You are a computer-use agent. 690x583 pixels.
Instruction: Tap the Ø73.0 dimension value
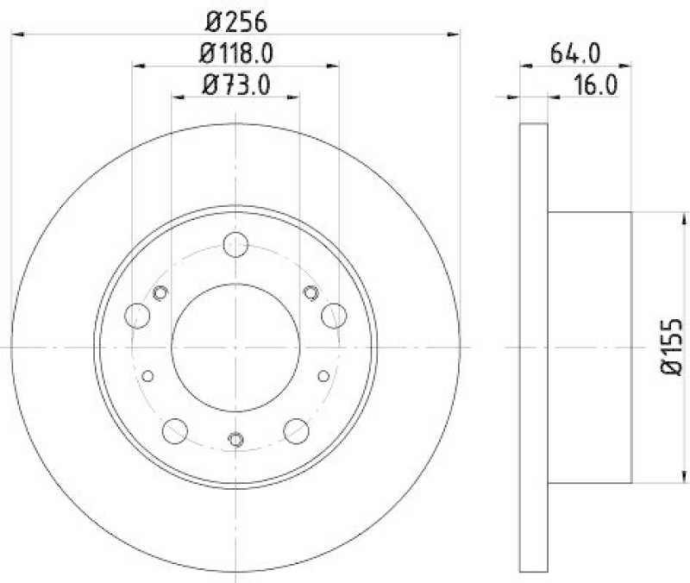tap(235, 85)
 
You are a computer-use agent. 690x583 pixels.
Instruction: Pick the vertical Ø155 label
tap(672, 347)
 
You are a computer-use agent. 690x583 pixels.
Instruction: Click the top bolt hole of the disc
tap(235, 245)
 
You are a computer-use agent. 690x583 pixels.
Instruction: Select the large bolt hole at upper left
tap(138, 316)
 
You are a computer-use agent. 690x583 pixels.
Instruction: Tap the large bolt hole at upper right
tap(333, 316)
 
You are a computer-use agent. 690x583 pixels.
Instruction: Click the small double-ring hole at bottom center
tap(235, 440)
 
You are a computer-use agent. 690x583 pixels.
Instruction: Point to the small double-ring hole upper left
tap(159, 293)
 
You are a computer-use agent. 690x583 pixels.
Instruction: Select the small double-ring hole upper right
tap(311, 293)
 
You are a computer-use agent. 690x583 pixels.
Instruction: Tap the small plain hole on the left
tap(147, 375)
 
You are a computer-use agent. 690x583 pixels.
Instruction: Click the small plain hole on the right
tap(323, 375)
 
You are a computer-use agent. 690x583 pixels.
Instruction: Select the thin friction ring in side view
tap(534, 345)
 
